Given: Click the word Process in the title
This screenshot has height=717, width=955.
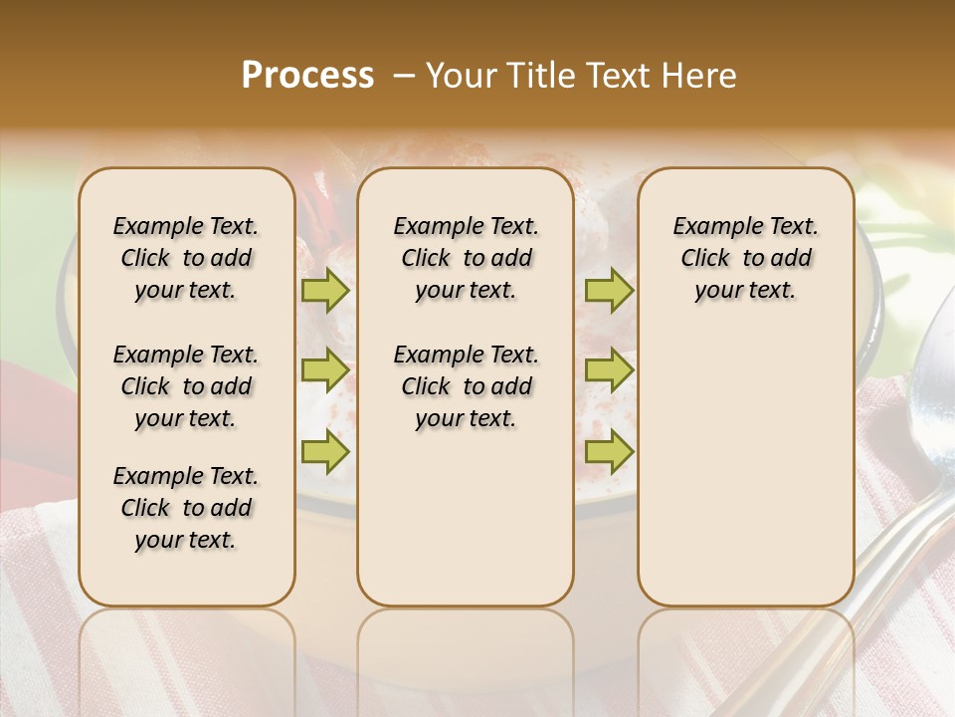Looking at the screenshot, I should click(x=307, y=76).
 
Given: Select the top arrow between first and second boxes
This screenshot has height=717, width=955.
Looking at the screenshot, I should click(x=324, y=291).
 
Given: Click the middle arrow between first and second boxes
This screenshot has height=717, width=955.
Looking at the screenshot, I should click(x=324, y=370).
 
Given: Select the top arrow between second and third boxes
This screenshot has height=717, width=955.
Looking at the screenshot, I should click(x=608, y=291).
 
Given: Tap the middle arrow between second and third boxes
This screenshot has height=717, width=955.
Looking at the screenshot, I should click(x=608, y=370).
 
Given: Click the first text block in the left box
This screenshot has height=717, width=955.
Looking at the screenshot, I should click(x=186, y=258).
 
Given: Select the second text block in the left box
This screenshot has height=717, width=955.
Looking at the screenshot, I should click(x=186, y=386).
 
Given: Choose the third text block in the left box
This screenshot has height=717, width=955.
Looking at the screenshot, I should click(x=186, y=508).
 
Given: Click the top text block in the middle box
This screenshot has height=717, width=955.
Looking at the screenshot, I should click(x=466, y=258).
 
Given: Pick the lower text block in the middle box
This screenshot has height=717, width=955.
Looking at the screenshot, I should click(x=466, y=386).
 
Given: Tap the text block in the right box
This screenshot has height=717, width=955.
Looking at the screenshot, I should click(x=745, y=258).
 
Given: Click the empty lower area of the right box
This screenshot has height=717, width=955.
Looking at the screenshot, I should click(x=745, y=478).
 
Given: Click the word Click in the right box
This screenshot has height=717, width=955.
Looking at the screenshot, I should click(x=705, y=259).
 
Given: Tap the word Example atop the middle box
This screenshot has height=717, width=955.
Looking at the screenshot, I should click(x=430, y=226).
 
